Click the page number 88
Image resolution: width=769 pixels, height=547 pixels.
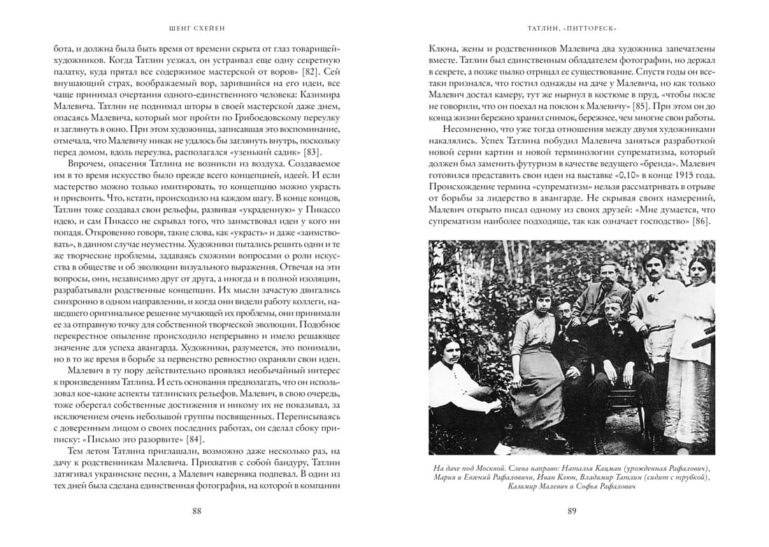click(x=196, y=511)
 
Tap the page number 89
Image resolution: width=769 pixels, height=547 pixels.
click(x=571, y=511)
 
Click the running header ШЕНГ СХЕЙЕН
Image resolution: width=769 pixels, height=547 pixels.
click(x=197, y=29)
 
